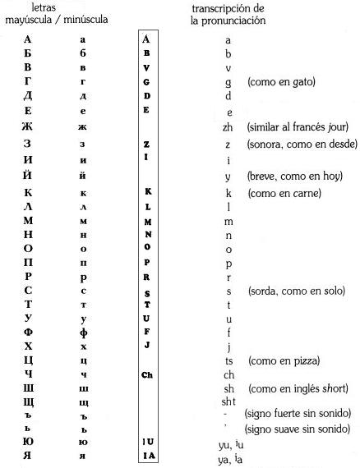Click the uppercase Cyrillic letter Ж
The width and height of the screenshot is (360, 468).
pos(28,126)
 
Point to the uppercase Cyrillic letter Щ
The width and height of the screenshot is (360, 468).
pos(28,401)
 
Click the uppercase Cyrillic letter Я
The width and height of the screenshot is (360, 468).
pos(28,455)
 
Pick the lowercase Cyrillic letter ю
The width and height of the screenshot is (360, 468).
pos(83,440)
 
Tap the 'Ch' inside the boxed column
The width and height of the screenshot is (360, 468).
pos(146,374)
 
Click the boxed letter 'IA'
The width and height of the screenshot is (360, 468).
pos(146,456)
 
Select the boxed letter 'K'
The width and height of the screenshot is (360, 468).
pos(147,191)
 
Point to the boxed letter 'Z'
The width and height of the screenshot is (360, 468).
pos(146,144)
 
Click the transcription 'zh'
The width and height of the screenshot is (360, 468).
pos(228,127)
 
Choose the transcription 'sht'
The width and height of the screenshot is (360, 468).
pos(228,401)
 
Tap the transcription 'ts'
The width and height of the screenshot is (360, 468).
pos(228,360)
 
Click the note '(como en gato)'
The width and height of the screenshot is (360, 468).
pos(281,82)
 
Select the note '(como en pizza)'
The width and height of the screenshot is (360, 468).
pos(283,360)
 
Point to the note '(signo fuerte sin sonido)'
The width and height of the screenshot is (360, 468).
pos(298,413)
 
